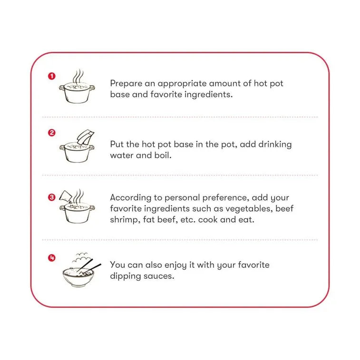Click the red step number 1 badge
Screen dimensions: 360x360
click(x=51, y=76)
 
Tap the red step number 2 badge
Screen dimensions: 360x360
click(x=52, y=133)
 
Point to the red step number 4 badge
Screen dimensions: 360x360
click(x=52, y=258)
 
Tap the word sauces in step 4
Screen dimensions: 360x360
click(x=159, y=276)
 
